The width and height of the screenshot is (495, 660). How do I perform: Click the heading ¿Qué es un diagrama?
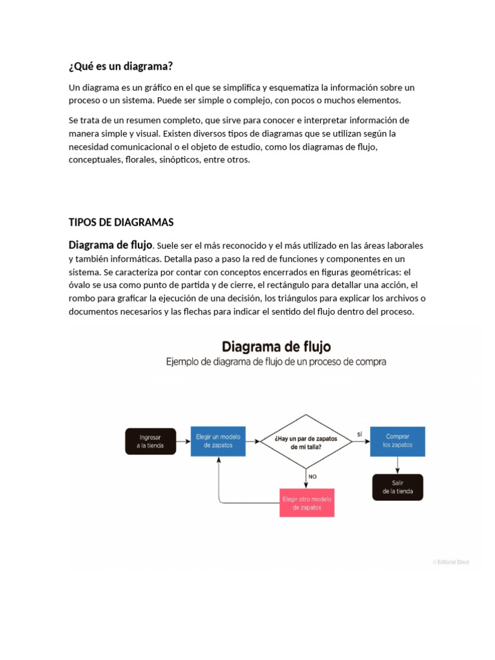pos(121,66)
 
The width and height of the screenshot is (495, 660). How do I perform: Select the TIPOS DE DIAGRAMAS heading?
pos(121,222)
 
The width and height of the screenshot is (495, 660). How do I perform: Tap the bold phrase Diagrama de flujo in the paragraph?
pos(110,245)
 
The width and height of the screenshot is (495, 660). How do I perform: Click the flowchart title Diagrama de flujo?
pos(277,347)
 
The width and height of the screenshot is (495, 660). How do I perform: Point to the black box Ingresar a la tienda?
pos(150,442)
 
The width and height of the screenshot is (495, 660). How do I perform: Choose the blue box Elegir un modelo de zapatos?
pos(218,441)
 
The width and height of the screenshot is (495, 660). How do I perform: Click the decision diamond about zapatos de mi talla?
pos(306,442)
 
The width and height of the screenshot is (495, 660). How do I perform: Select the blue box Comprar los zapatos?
pos(397,441)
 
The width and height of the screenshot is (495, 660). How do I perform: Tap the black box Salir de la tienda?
pos(397,487)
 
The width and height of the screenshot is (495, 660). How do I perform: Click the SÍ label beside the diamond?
pos(359,434)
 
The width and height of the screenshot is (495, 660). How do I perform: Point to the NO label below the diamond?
pos(313,476)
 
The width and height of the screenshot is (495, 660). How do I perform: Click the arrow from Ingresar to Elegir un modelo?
pos(183,442)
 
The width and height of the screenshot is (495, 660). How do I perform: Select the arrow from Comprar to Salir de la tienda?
pos(397,465)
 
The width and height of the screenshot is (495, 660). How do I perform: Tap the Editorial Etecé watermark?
pos(451,562)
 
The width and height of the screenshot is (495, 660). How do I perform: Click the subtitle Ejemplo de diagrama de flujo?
pos(277,362)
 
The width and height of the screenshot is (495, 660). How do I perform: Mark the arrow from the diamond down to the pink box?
pos(306,478)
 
